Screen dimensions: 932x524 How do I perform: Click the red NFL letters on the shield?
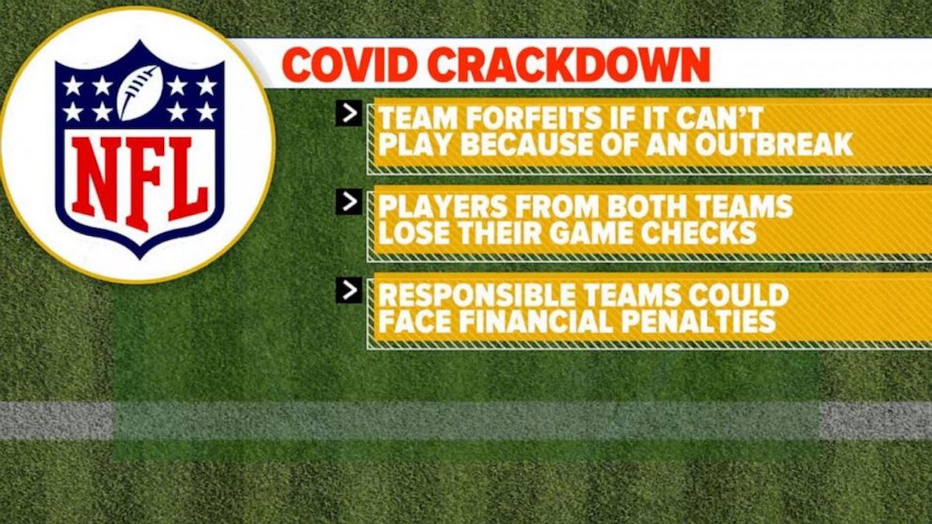coord(140,183)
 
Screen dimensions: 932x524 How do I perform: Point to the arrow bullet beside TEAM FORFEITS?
coord(349,113)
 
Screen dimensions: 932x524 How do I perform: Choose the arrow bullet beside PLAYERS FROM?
coord(349,202)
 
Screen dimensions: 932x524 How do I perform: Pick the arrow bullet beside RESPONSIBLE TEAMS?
coord(349,290)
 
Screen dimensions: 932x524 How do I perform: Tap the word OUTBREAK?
coord(774,144)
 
